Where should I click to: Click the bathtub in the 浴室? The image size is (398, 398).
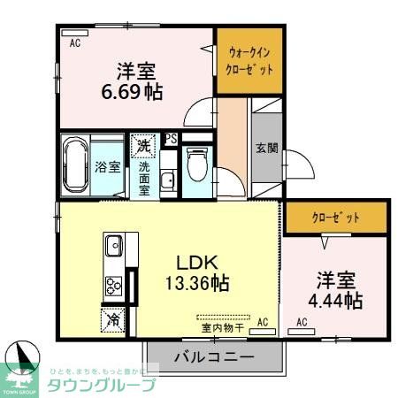[x=75, y=165]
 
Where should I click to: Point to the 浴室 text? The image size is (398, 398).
[x=109, y=166]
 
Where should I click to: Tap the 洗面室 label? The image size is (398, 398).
[x=143, y=176]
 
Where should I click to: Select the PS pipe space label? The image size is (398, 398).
[x=171, y=138]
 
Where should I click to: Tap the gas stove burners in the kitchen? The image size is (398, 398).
[x=114, y=285]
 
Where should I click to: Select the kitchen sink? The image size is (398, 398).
[x=114, y=246]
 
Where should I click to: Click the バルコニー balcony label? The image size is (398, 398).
[x=213, y=358]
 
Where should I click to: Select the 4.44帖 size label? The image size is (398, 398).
[x=336, y=302]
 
